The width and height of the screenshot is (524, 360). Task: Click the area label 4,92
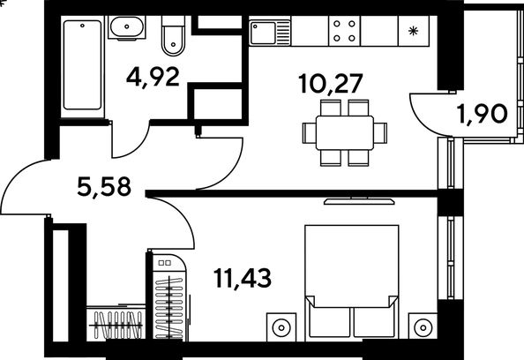click(153, 78)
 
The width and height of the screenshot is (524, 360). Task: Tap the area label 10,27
click(331, 84)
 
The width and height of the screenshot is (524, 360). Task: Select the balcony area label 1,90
click(483, 114)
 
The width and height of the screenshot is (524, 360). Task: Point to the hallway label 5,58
click(104, 187)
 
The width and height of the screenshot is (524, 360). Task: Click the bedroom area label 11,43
click(243, 278)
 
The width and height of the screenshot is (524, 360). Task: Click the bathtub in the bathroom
click(82, 64)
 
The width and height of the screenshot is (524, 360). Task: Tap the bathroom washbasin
click(127, 27)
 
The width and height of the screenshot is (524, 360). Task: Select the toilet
click(173, 36)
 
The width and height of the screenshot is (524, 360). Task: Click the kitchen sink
click(270, 33)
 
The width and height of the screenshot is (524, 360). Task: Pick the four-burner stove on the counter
click(344, 31)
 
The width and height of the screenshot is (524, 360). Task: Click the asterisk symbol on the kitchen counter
click(414, 32)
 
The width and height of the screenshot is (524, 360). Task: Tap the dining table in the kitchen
click(345, 132)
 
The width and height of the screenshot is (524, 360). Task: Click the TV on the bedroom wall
click(359, 201)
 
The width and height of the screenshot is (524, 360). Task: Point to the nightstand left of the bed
click(281, 327)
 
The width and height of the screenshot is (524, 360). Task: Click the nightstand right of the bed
click(423, 327)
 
